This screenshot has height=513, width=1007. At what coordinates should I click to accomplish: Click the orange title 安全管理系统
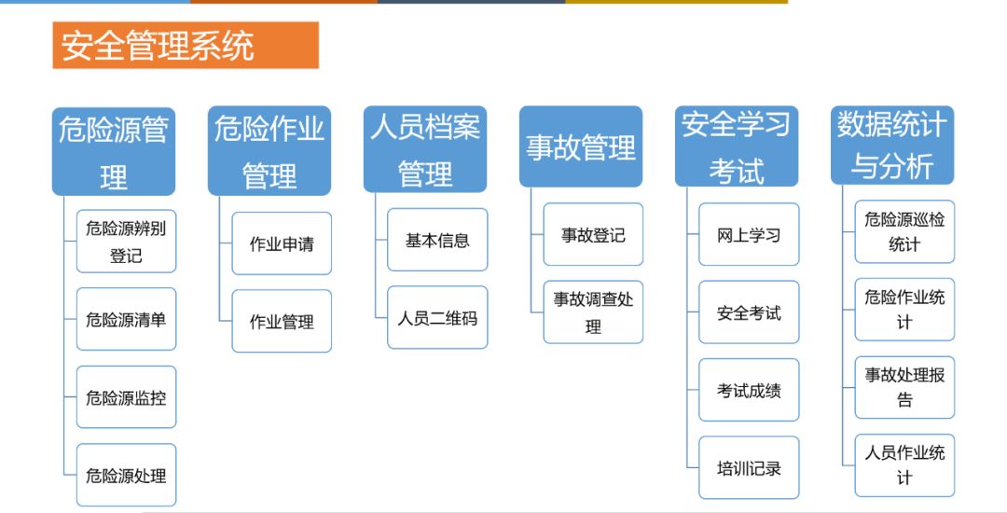186,45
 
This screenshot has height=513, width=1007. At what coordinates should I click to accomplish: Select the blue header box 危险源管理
114,151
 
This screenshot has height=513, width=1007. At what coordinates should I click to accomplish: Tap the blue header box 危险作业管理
269,151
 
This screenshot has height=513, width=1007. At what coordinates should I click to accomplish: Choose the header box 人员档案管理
425,149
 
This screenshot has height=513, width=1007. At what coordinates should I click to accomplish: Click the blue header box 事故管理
581,147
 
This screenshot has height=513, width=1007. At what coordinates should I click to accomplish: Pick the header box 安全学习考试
737,146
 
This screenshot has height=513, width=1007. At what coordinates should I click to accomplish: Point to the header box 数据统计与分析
892,146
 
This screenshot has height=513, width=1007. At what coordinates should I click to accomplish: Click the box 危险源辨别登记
126,242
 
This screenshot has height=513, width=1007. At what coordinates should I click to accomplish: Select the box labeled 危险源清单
126,319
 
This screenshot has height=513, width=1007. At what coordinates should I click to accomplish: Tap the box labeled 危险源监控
126,397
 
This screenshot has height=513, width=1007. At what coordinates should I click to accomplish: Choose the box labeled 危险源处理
126,475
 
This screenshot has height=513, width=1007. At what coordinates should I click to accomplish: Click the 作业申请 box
282,243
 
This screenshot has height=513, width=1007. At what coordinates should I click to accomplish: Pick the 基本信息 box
437,240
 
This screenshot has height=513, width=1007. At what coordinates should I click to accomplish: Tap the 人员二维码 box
437,317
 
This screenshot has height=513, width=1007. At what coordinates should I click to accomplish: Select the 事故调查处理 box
593,312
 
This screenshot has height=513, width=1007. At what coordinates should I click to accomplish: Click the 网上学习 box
749,234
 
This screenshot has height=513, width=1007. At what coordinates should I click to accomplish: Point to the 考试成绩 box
749,390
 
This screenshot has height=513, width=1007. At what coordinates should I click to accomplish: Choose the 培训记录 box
749,468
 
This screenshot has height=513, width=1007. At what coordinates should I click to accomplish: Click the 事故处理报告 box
904,387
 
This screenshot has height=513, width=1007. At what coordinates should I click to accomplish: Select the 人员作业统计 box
904,465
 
